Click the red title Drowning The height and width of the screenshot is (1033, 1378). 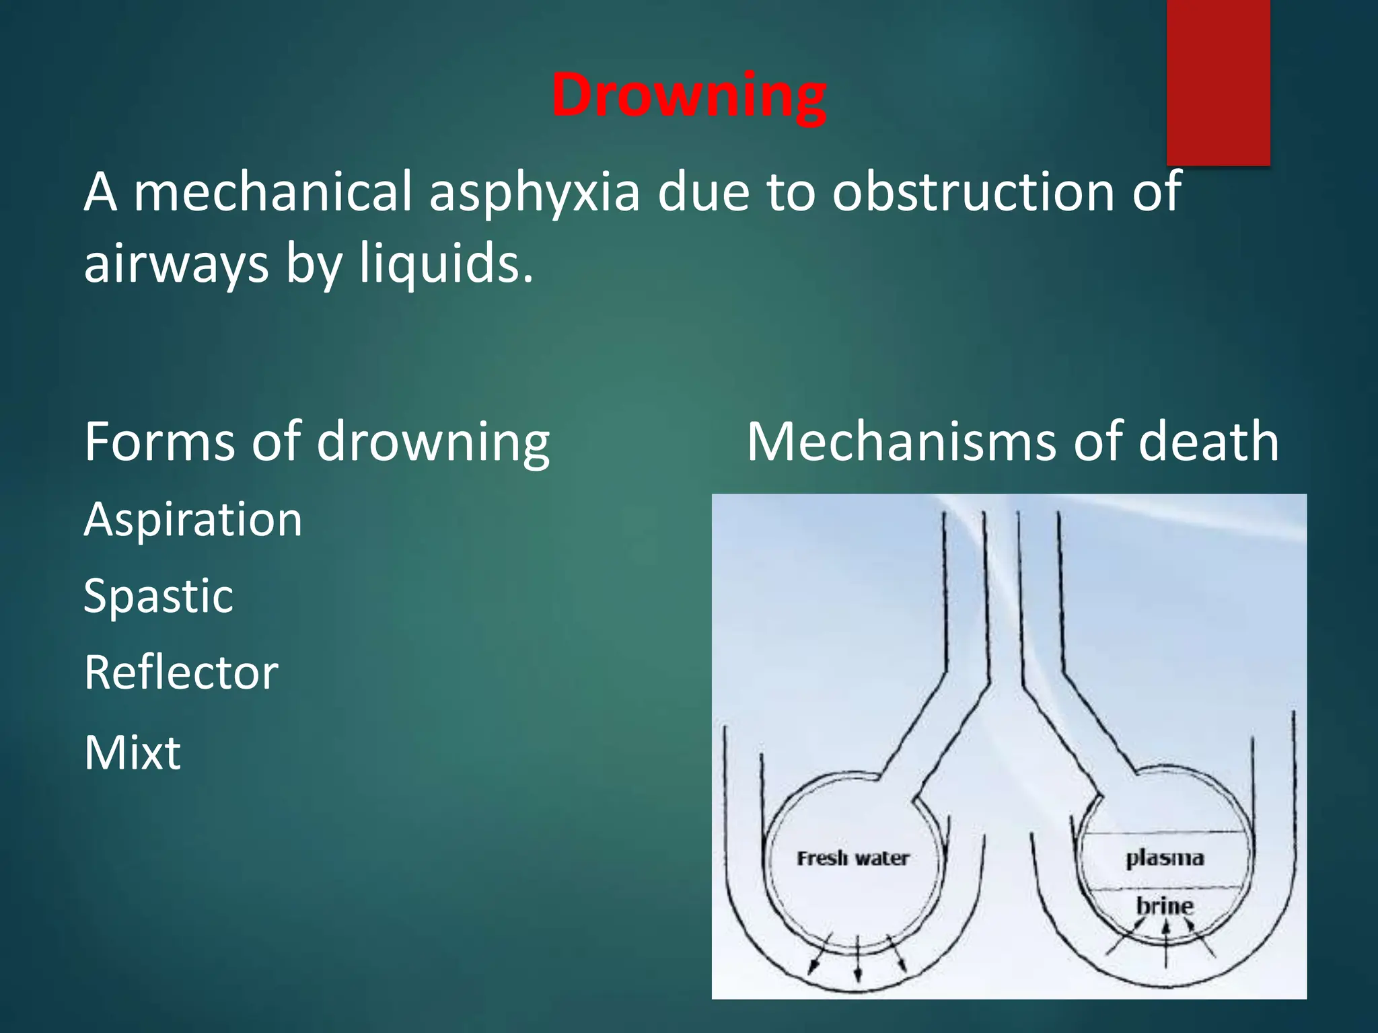[x=689, y=95]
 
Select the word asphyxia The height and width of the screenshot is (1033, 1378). [x=534, y=193]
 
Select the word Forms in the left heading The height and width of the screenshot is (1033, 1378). [x=160, y=442]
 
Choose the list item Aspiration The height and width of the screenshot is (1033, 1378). [x=193, y=520]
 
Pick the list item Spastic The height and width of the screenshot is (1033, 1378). [x=158, y=597]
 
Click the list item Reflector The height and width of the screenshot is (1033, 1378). [x=181, y=673]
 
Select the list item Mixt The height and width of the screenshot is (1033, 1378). [x=133, y=752]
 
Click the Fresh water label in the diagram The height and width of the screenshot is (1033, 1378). [x=853, y=859]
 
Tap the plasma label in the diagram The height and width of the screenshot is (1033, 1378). [x=1165, y=858]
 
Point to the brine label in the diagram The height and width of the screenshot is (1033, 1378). [x=1165, y=905]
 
